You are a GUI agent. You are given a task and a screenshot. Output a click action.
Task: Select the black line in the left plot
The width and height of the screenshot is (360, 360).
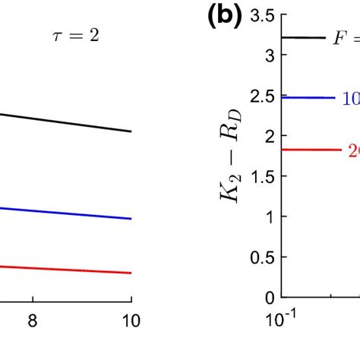click(68, 123)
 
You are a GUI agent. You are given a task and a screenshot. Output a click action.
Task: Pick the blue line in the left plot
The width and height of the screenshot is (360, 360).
click(68, 213)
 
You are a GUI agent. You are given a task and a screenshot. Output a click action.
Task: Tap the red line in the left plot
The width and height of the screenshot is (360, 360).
click(68, 269)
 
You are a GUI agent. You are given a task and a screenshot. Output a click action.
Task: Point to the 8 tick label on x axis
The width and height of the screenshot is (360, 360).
click(32, 321)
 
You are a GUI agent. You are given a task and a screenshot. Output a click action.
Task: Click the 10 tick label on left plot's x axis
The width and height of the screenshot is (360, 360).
click(131, 321)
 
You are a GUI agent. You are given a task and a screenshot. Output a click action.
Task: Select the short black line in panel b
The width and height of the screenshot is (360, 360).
click(304, 36)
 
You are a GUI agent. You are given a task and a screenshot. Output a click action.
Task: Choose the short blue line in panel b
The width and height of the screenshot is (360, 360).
click(308, 97)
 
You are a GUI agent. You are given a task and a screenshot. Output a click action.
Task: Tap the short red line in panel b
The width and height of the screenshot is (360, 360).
click(311, 150)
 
